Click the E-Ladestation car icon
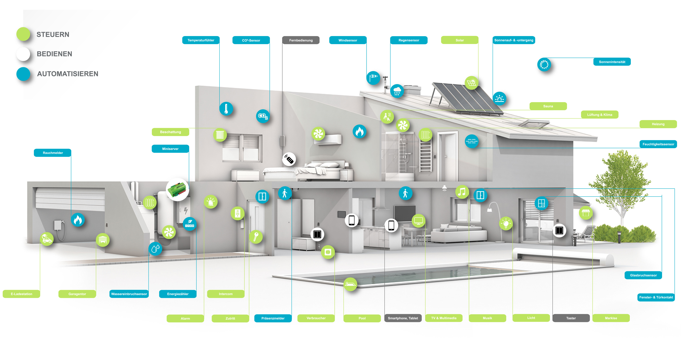pos(47,239)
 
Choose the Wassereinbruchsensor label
pos(129,294)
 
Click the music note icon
pos(462,192)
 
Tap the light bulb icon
pos(506,224)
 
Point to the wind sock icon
pos(373,78)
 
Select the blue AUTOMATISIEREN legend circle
pos(23,74)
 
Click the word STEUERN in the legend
pos(53,35)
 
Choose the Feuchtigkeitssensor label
pos(658,144)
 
